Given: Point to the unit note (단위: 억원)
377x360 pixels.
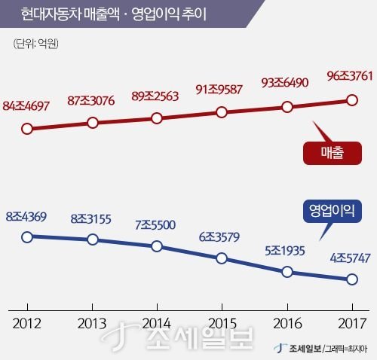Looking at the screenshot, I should [37, 44].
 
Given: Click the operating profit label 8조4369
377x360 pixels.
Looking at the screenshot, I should [26, 218].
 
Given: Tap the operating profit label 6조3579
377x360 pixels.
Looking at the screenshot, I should [222, 237].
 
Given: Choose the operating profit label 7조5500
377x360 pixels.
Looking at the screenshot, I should [156, 225].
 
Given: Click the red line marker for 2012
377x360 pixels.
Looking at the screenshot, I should [27, 128].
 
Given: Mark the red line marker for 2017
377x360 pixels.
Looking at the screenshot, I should [351, 99].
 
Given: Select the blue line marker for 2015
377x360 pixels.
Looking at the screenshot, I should [222, 258].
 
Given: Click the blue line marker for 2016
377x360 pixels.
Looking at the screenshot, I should [287, 272].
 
